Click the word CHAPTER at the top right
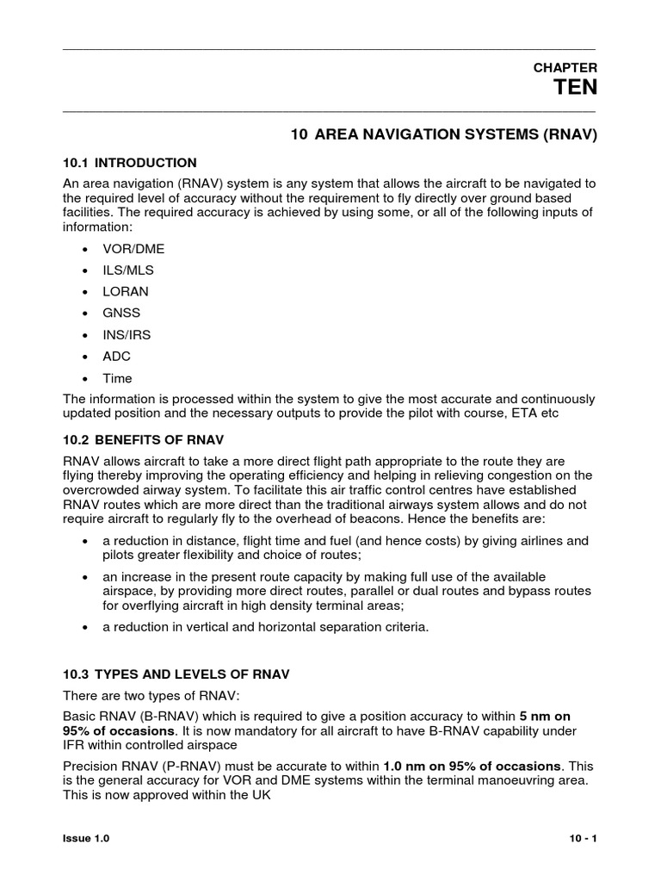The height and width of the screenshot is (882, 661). coord(565,67)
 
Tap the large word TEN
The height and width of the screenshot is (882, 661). coord(574,88)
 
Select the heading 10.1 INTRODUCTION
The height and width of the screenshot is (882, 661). coord(130,163)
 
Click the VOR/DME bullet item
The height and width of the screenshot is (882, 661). coord(133,249)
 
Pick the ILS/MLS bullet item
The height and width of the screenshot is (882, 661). coord(128,270)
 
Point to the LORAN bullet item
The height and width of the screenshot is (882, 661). coord(126,292)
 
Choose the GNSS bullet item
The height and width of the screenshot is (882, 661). coord(121,314)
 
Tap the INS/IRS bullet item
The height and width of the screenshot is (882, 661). coord(127,335)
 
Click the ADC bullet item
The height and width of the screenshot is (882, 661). coord(117,357)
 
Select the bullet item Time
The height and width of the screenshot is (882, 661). coord(117,378)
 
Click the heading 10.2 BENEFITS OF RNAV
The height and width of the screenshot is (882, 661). coord(140,440)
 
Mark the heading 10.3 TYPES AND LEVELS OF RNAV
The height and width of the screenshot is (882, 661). coord(176,674)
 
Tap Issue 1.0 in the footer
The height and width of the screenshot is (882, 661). coord(87,838)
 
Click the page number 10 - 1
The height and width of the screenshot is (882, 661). coord(583,838)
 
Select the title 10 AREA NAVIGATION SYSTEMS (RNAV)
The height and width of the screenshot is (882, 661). coord(443,135)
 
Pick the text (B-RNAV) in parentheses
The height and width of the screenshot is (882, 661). coord(171,716)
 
